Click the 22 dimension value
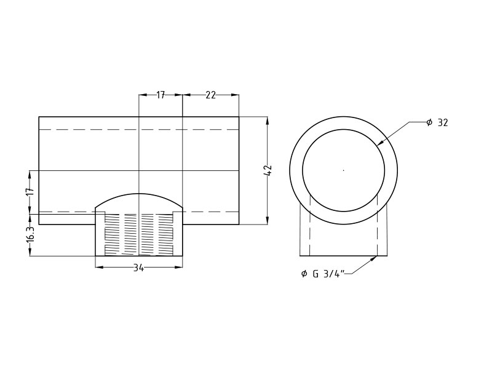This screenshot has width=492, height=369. point(210,95)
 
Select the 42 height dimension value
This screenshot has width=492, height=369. point(268,170)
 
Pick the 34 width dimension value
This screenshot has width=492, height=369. point(138,268)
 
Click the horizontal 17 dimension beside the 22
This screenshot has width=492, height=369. point(161,95)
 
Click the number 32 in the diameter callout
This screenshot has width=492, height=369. point(443,123)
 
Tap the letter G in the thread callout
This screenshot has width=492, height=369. point(315,274)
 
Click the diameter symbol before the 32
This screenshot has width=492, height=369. point(429,123)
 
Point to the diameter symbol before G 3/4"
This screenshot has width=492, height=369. point(304,274)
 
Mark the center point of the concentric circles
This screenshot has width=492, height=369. point(343,170)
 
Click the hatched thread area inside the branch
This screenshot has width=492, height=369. point(139,234)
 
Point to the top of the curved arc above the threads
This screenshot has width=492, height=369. point(139,194)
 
